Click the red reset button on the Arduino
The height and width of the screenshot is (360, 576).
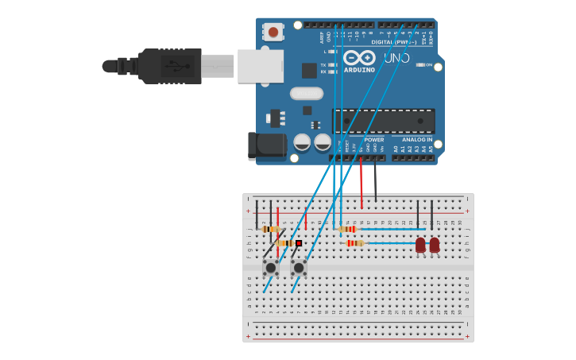tap(273, 32)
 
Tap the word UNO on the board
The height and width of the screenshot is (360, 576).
tap(396, 58)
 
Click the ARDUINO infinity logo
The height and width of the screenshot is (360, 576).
tap(359, 58)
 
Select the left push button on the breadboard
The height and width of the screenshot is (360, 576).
tap(270, 267)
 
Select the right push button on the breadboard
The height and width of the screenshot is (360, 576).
tap(299, 267)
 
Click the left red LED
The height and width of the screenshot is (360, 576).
tap(420, 246)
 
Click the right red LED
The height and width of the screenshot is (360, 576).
tap(435, 246)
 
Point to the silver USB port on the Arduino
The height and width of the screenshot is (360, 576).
tap(260, 66)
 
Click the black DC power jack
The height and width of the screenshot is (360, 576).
tap(266, 146)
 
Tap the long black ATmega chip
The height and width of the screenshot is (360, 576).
tap(384, 121)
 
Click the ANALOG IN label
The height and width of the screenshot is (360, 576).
tap(417, 139)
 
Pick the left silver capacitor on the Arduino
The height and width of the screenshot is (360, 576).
tap(302, 142)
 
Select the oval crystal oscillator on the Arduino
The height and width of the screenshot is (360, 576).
tap(307, 93)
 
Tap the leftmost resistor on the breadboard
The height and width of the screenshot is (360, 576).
tap(271, 229)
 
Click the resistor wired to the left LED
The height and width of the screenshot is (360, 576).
tap(355, 243)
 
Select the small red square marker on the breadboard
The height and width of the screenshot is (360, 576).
tap(299, 243)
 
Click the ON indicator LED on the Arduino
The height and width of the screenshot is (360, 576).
tap(420, 65)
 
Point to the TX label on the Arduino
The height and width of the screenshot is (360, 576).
tap(323, 65)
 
